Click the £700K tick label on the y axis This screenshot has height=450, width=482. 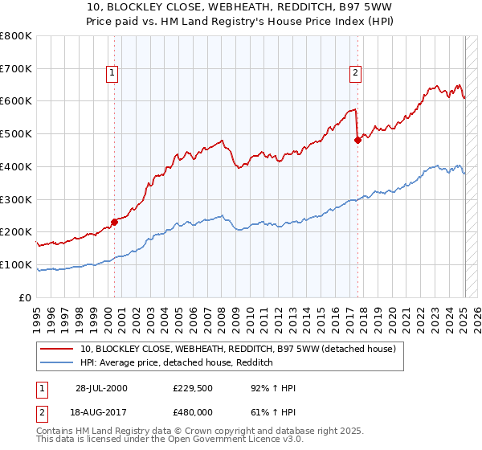[x=16, y=68]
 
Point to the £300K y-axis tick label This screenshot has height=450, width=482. [x=16, y=199]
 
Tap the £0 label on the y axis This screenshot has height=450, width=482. [x=26, y=297]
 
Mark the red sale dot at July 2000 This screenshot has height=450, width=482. [x=115, y=222]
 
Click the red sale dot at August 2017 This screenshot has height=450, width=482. [x=357, y=140]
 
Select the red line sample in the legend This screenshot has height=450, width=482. [x=57, y=350]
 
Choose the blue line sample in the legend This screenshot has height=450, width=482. [x=57, y=362]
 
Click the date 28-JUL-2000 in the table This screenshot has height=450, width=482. [x=101, y=388]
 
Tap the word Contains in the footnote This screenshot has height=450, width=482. [x=56, y=432]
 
